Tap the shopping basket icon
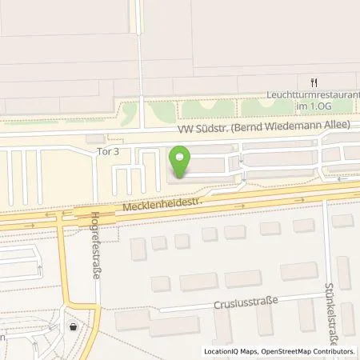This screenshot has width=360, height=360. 74,326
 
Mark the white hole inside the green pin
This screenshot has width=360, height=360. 183,157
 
